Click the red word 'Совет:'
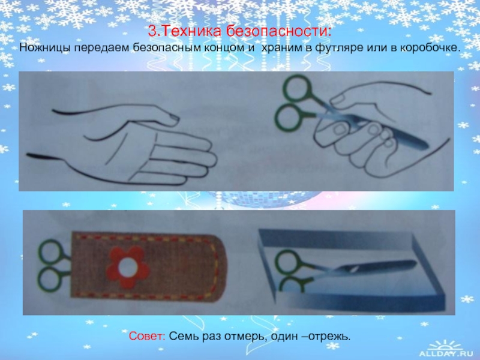147,336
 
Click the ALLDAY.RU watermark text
446,353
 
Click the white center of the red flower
128,267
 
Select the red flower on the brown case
128,267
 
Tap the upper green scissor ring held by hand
297,88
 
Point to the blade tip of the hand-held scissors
426,146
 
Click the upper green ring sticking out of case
50,252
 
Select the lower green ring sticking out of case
50,280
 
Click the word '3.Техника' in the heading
184,32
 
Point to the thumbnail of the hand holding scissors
338,100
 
